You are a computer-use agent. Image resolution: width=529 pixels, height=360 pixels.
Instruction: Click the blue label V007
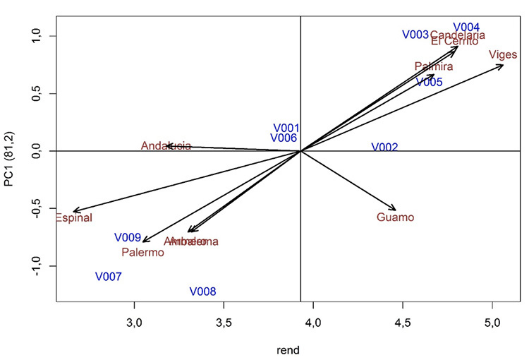109,277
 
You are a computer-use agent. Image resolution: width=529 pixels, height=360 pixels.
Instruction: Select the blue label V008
202,292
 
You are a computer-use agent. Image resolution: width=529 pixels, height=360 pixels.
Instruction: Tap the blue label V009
128,238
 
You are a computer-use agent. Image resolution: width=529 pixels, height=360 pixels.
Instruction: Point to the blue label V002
384,148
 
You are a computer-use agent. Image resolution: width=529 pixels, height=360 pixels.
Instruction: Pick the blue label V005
429,83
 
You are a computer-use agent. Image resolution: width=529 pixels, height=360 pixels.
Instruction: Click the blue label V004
466,27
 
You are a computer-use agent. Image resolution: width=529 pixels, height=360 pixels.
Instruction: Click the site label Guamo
395,217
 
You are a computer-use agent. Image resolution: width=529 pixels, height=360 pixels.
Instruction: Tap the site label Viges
503,55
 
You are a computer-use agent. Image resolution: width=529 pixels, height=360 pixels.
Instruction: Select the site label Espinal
73,218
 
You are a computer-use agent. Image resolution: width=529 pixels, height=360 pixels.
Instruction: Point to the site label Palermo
142,252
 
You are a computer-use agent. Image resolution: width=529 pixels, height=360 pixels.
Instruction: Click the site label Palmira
434,67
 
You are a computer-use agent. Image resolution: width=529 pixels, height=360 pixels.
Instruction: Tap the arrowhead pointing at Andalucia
168,145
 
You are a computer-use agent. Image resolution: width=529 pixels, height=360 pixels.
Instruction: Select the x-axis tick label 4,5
403,323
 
